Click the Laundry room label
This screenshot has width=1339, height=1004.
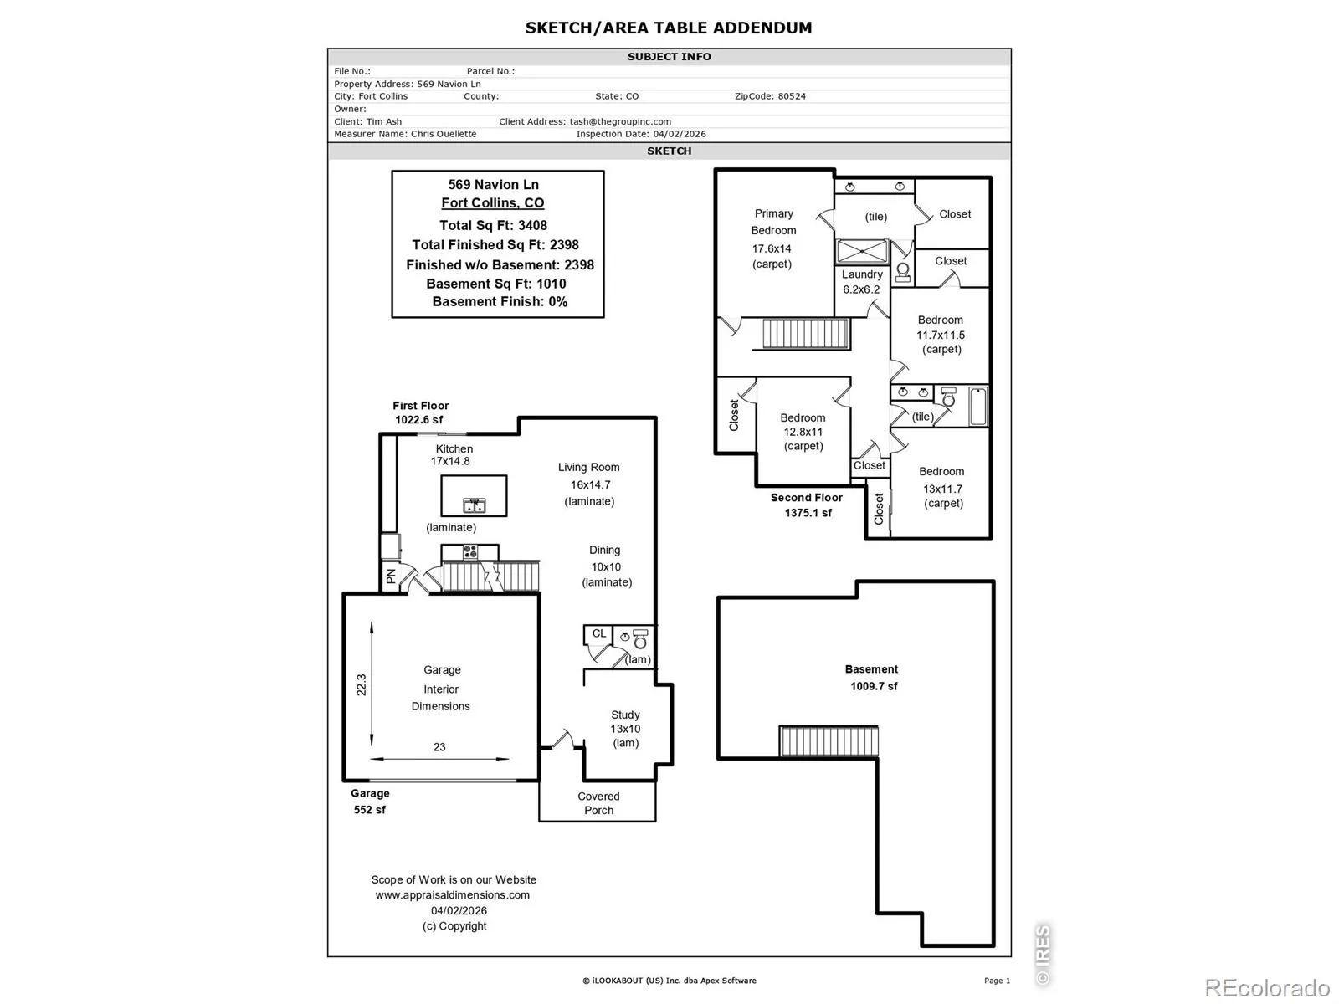click(x=861, y=274)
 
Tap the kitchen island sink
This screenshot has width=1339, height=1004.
click(x=474, y=505)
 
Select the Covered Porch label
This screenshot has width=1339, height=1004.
click(x=598, y=803)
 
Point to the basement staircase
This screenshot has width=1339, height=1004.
click(x=829, y=741)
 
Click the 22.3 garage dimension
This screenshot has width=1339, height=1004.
click(x=362, y=684)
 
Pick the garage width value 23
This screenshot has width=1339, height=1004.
click(x=439, y=747)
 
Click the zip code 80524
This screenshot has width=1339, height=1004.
click(x=791, y=96)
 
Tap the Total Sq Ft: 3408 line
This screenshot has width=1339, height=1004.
click(x=493, y=225)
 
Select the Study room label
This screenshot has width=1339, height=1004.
click(x=625, y=715)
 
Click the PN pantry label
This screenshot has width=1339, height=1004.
click(x=391, y=576)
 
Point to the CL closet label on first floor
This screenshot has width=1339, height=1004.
click(x=599, y=633)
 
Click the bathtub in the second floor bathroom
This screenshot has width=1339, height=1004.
click(x=977, y=406)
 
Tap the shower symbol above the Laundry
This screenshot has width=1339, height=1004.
click(x=861, y=251)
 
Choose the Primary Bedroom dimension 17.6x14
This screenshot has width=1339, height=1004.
click(x=771, y=248)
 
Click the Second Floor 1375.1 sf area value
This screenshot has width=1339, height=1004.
click(x=808, y=513)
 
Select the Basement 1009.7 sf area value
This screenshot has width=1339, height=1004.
click(x=874, y=686)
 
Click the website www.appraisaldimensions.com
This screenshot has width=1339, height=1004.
click(x=452, y=895)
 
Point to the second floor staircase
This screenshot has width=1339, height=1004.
click(x=805, y=334)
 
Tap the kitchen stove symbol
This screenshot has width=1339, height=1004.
click(x=469, y=551)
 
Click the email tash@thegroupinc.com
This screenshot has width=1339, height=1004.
click(x=620, y=121)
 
